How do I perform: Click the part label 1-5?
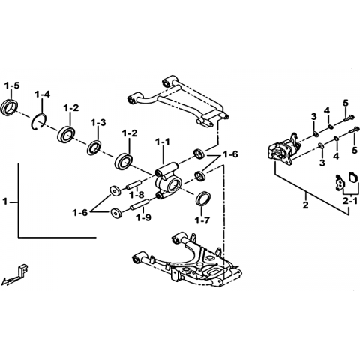[12, 85]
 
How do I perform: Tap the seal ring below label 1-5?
[9, 108]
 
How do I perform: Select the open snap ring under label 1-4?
[39, 121]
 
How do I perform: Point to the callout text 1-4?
[42, 94]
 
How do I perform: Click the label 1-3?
[98, 122]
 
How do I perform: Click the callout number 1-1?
[162, 142]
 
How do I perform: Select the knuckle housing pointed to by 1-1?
[167, 181]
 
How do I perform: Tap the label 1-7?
[202, 220]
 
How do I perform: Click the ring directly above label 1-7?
[203, 199]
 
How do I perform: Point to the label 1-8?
[136, 195]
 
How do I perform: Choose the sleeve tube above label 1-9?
[139, 204]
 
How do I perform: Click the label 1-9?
[143, 217]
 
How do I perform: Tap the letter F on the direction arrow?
[24, 269]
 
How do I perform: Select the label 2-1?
[350, 201]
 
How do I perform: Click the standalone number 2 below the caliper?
[305, 205]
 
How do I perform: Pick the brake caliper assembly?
[283, 149]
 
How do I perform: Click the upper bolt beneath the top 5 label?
[349, 118]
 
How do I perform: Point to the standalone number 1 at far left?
[5, 201]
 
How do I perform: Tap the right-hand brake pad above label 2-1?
[352, 177]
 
